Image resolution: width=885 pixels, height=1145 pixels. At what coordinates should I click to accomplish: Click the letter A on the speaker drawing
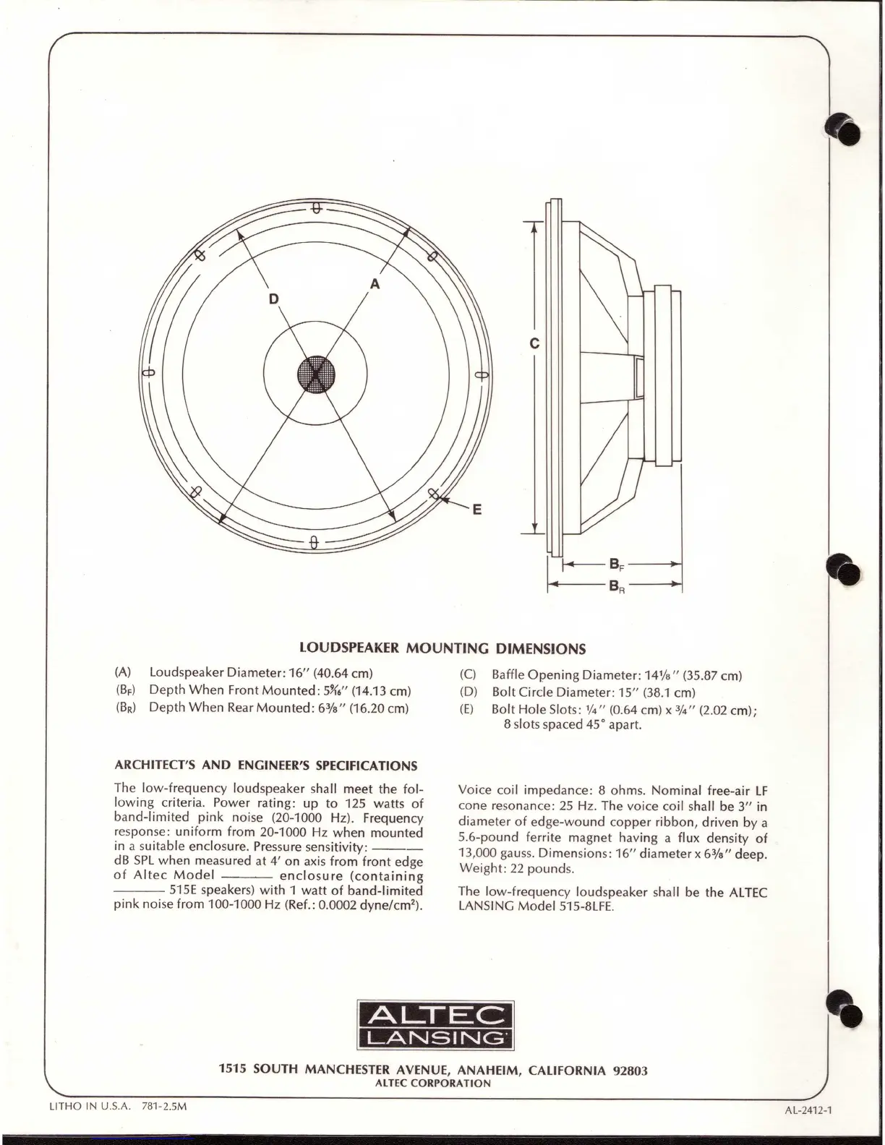point(375,284)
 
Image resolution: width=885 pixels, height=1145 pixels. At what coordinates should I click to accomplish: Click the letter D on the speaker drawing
point(273,299)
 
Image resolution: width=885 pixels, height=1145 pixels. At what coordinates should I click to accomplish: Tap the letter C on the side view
point(534,344)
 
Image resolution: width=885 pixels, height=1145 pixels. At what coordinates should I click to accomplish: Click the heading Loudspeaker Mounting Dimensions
point(442,648)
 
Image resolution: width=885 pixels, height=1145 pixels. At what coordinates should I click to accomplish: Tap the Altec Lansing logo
point(436,1026)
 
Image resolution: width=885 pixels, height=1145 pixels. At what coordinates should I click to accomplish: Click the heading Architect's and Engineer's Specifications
point(266,766)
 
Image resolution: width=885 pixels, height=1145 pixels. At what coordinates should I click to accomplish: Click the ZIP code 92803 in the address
point(629,1071)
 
